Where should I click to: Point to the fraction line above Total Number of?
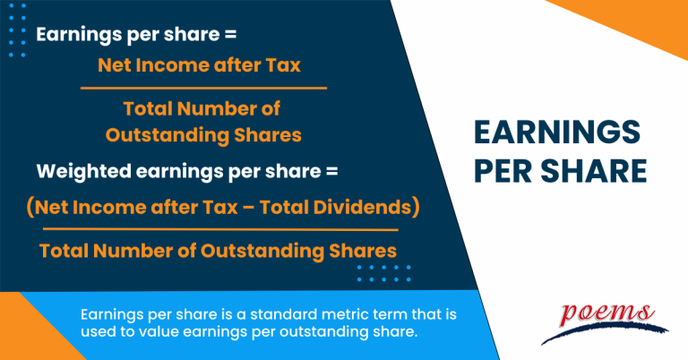click(x=203, y=88)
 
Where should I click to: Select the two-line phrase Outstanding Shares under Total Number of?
click(x=202, y=133)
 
